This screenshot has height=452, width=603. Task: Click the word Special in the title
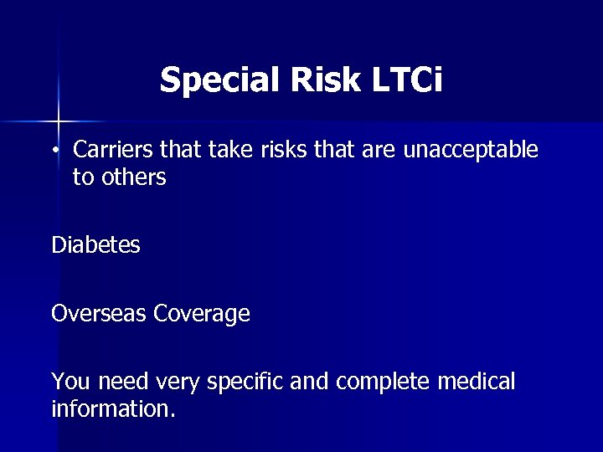click(214, 80)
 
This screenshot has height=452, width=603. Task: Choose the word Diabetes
click(95, 245)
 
